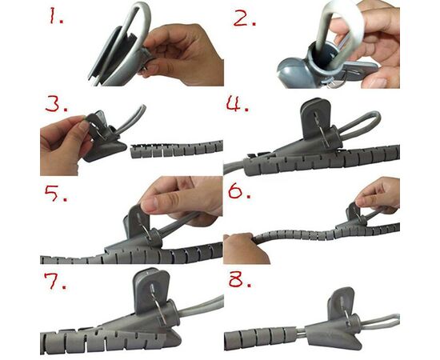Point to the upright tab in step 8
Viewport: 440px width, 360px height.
coord(340,302)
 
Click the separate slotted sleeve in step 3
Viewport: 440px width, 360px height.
coord(177,150)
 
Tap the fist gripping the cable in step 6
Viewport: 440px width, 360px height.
coord(244,248)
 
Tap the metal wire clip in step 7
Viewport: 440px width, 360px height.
coord(159,305)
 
